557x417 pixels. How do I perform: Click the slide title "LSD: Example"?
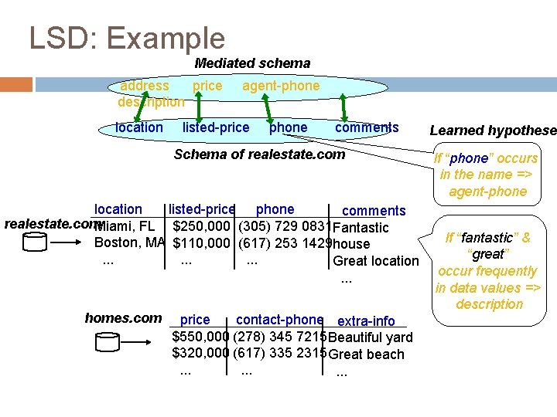[127, 38]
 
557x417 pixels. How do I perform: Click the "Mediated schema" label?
[252, 63]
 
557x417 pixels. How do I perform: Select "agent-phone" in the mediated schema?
[281, 86]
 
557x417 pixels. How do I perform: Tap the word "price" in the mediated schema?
[207, 86]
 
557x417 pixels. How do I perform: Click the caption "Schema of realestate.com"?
[259, 154]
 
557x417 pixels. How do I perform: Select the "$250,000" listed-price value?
[201, 226]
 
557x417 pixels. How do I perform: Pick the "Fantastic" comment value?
[361, 228]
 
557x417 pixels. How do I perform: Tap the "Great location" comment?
[375, 261]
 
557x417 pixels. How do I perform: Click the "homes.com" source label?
[123, 317]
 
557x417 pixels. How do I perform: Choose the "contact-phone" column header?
[279, 319]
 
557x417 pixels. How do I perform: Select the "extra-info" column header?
[366, 320]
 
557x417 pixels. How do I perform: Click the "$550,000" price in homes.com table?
[200, 337]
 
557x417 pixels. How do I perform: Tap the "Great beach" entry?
[366, 354]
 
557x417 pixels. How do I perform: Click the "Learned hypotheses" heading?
[493, 131]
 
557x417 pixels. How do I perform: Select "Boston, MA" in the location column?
[129, 242]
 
